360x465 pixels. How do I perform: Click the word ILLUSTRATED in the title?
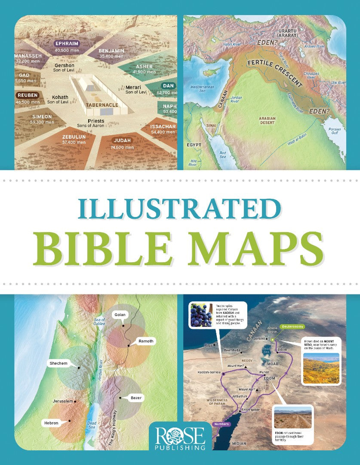[x=179, y=208]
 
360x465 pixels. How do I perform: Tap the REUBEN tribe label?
[x=28, y=95]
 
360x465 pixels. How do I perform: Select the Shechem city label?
[x=58, y=364]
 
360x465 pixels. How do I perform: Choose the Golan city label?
[x=120, y=315]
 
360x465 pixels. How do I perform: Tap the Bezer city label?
[x=136, y=398]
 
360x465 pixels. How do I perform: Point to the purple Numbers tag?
[x=222, y=424]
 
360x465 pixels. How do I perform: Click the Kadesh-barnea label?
[x=209, y=372]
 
